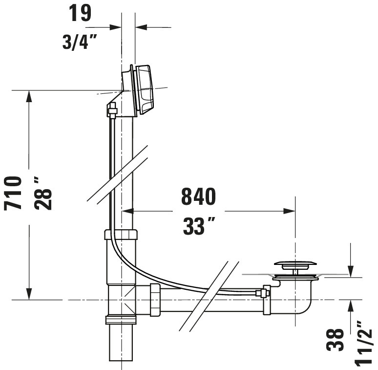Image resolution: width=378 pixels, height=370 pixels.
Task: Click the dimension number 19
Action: (x=80, y=13)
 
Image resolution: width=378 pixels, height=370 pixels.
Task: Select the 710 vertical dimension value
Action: (x=13, y=193)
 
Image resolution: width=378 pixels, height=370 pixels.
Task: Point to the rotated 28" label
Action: (x=43, y=193)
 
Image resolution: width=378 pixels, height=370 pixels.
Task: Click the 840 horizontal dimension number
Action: (x=198, y=196)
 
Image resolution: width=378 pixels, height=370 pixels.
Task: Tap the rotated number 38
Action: (x=335, y=340)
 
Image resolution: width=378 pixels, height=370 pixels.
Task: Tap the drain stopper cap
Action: (x=295, y=264)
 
